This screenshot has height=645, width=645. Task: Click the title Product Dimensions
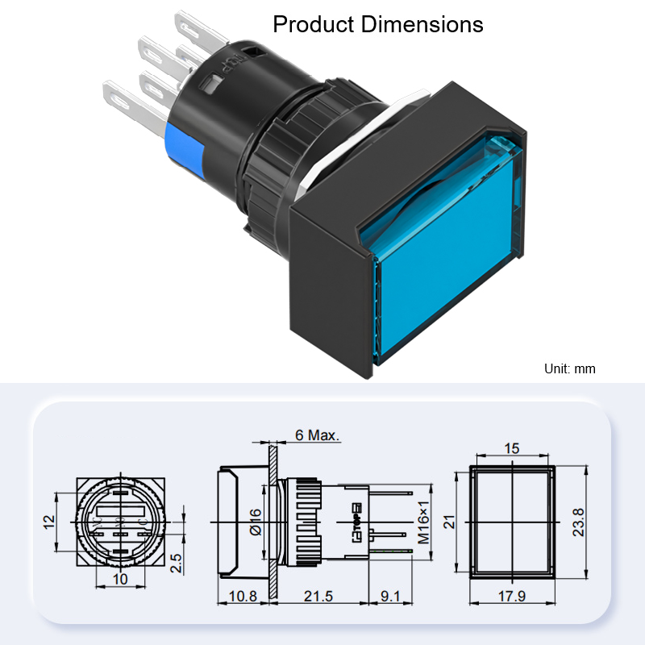click(x=377, y=24)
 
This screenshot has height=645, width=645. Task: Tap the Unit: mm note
click(x=570, y=368)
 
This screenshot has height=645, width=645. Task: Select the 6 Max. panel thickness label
click(x=318, y=435)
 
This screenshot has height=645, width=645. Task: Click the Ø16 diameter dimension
click(x=256, y=522)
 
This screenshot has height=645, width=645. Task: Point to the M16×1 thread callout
click(x=423, y=522)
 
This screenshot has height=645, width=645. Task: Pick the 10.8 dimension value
click(x=243, y=596)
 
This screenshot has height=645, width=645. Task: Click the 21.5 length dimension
click(x=318, y=596)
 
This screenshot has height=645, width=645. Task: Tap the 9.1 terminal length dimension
click(x=390, y=596)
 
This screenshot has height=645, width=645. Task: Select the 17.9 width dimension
click(x=512, y=596)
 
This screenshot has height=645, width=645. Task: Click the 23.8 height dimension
click(x=578, y=522)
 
